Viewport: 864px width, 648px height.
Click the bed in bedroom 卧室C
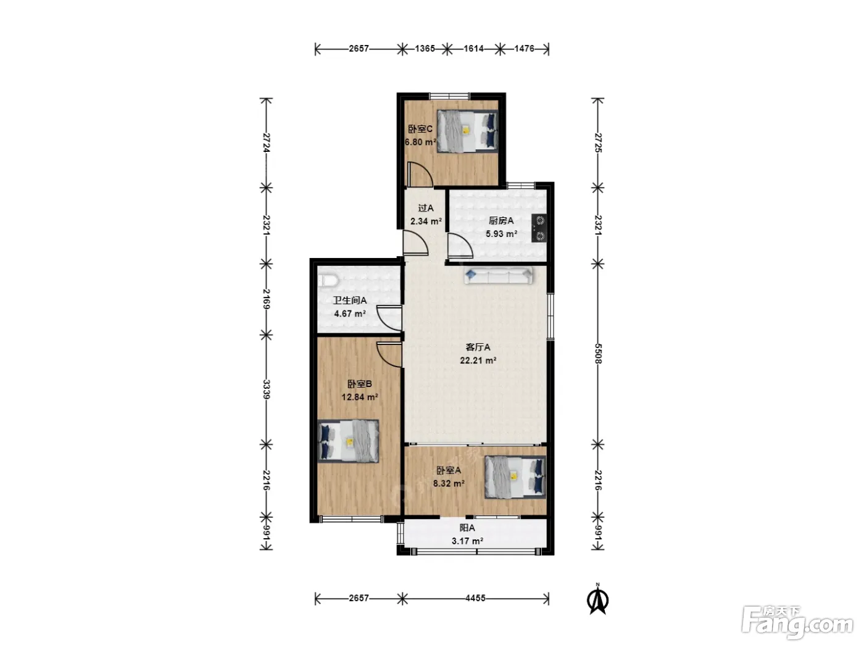[x=467, y=131]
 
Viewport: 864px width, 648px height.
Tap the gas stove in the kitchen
[x=539, y=228]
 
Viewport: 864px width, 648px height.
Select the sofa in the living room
[x=498, y=275]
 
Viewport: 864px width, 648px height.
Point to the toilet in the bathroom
[x=328, y=281]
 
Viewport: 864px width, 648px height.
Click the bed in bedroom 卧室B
[x=348, y=441]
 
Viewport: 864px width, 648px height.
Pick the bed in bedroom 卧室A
[x=515, y=477]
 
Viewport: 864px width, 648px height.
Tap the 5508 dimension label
[x=597, y=354]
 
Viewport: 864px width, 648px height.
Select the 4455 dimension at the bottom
[x=475, y=599]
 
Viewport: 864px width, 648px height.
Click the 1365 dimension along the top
[x=425, y=49]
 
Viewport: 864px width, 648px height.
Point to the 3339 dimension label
[x=266, y=389]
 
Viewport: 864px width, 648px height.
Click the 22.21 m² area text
[x=478, y=360]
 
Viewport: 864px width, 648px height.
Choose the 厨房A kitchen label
[x=501, y=221]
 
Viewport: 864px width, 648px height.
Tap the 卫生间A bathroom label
[x=350, y=301]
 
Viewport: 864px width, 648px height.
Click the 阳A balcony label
[x=467, y=528]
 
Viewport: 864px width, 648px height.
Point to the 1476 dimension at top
[x=525, y=49]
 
